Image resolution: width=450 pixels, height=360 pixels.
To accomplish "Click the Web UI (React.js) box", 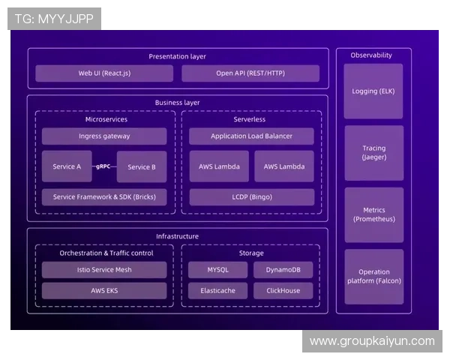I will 104,73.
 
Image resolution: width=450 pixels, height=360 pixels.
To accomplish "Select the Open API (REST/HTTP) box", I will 250,73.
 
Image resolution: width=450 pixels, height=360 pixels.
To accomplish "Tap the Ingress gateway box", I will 104,136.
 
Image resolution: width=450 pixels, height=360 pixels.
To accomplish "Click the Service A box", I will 67,166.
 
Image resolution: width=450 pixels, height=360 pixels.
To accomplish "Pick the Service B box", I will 142,166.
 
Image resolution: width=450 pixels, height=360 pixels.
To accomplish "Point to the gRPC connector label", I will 104,166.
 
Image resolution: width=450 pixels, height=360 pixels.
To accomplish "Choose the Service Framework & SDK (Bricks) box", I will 104,197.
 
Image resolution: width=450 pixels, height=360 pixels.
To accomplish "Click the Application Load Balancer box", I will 251,136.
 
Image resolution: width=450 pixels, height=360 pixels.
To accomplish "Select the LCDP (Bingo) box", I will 251,197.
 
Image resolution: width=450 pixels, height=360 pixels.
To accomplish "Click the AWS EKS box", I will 104,290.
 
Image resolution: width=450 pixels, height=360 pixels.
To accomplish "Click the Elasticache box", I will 218,290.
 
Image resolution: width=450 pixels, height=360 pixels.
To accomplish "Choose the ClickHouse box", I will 283,290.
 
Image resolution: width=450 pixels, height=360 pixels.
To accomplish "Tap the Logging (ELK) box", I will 373,91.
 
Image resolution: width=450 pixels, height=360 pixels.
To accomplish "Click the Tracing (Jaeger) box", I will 373,153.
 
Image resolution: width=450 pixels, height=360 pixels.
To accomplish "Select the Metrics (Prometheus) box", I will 373,214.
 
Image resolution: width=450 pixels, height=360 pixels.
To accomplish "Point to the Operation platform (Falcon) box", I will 373,276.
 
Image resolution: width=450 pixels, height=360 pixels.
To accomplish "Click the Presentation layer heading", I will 177,56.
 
